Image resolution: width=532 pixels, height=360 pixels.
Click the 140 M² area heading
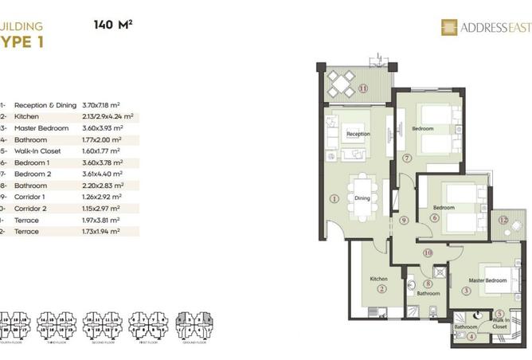coord(113,24)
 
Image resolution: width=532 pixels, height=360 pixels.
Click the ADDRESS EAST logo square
coord(447,28)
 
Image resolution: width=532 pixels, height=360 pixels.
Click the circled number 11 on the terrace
coord(363,88)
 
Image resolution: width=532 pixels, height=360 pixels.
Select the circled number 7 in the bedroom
coord(406,158)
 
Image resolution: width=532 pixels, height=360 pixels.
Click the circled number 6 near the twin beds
coord(435,217)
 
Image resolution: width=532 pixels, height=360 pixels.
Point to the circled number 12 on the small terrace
coord(503,220)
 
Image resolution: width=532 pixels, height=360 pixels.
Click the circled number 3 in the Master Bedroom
coord(466,290)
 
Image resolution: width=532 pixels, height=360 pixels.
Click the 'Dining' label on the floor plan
coord(362,198)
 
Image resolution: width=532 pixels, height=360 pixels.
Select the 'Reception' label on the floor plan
coord(358,134)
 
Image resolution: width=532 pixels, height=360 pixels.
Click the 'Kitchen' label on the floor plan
coord(378,279)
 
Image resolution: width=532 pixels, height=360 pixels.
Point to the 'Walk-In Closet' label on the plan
coord(500,323)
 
